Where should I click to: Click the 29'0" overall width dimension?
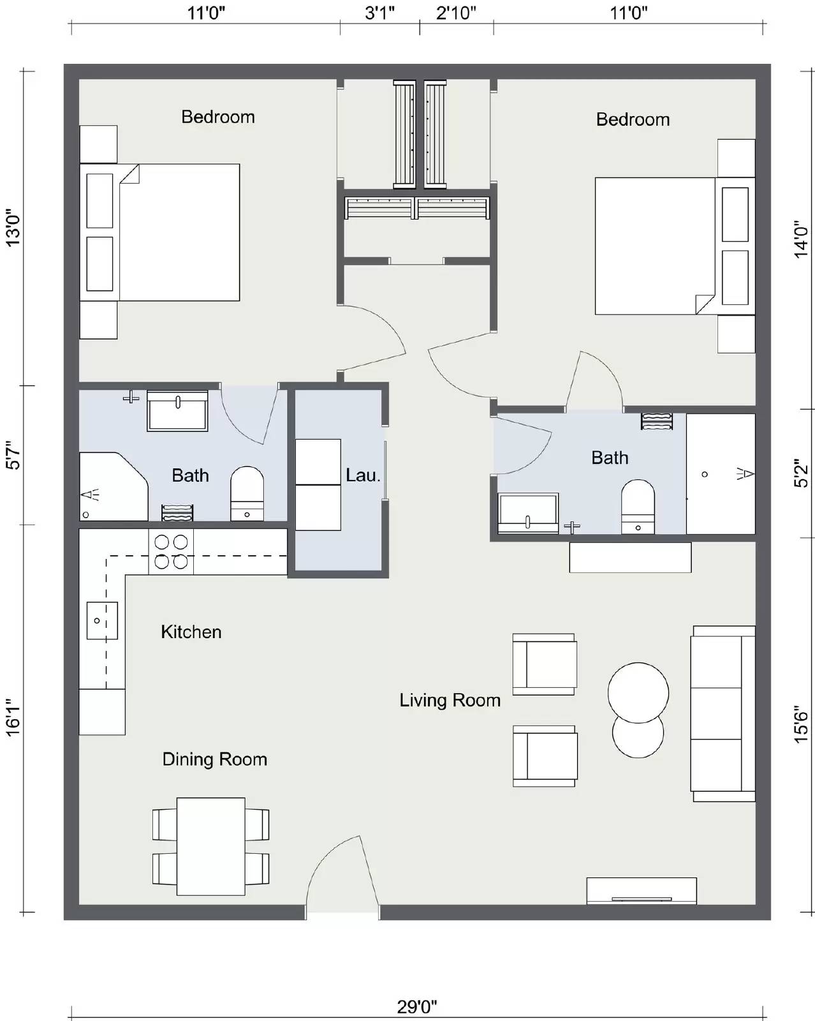[417, 1007]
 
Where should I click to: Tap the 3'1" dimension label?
[380, 13]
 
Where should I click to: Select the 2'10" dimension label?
[456, 13]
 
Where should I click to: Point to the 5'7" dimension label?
[13, 456]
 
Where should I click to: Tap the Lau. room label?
[363, 475]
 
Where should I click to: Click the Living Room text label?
[450, 701]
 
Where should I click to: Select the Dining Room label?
[214, 759]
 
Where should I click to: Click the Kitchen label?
[191, 632]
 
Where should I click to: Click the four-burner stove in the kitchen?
[171, 552]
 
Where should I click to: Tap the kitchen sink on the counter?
[102, 620]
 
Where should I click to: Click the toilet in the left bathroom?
[247, 493]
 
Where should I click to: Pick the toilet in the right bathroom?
[638, 507]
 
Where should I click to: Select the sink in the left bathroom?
[177, 411]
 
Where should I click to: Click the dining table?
[210, 846]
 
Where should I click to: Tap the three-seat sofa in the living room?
[722, 713]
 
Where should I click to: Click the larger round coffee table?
[638, 692]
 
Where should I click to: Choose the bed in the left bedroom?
[179, 232]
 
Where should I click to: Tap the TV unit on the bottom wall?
[641, 891]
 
